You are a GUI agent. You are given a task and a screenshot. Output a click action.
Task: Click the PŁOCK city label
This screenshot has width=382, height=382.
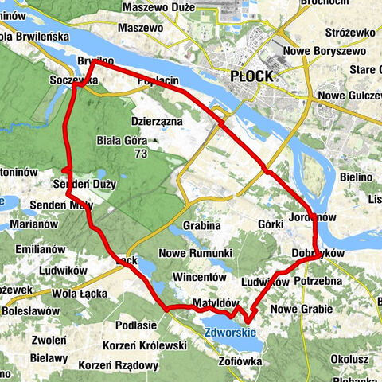click(251, 76)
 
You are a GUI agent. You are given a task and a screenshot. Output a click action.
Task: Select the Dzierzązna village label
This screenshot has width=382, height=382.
click(157, 121)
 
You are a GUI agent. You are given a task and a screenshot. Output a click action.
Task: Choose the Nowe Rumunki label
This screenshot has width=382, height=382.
click(195, 253)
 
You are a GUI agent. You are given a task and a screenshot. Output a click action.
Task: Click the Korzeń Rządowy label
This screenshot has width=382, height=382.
click(119, 365)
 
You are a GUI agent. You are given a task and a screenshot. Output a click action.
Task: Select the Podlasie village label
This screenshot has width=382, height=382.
click(135, 325)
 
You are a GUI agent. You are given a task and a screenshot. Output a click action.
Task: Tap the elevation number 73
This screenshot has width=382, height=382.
click(141, 153)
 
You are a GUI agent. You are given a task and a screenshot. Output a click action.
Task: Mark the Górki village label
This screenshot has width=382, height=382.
click(271, 225)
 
